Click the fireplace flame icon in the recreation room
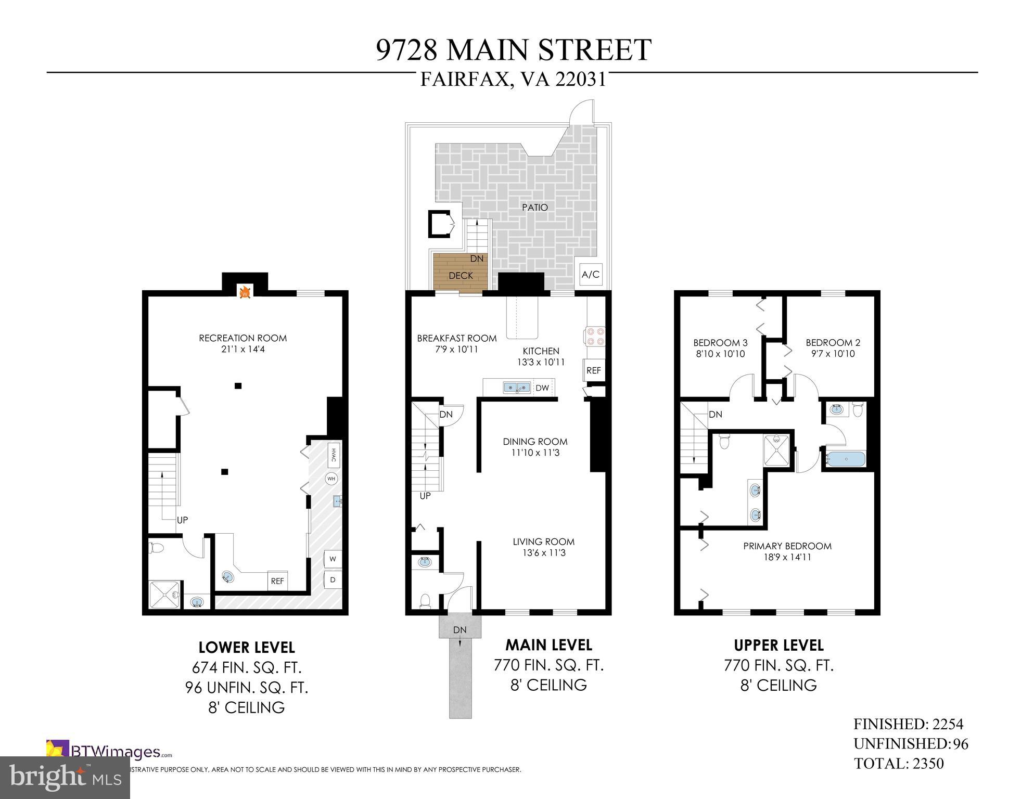click(x=245, y=293)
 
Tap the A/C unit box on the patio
click(x=591, y=275)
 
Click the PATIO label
click(x=535, y=208)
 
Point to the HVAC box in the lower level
click(x=334, y=456)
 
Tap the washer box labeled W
click(x=333, y=559)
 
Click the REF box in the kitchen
click(x=593, y=370)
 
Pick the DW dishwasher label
click(x=542, y=388)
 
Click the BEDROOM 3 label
click(x=720, y=343)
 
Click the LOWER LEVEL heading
click(x=247, y=648)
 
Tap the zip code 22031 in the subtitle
click(x=581, y=80)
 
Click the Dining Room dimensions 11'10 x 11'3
click(x=535, y=453)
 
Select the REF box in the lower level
click(x=277, y=581)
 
